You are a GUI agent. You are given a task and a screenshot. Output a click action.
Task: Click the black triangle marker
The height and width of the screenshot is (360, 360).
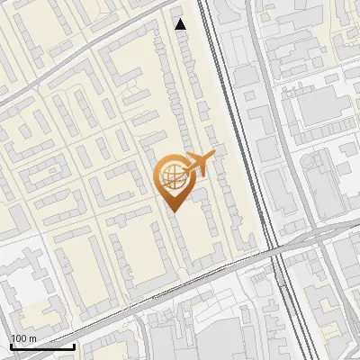[181, 24]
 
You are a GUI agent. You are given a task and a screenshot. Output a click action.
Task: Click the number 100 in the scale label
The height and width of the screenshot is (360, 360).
[19, 338]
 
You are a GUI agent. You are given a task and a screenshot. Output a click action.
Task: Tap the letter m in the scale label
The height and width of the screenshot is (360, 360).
[32, 338]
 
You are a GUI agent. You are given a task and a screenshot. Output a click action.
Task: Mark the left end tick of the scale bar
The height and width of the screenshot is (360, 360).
[11, 346]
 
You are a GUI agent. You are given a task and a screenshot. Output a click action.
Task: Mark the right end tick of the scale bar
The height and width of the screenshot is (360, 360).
[74, 346]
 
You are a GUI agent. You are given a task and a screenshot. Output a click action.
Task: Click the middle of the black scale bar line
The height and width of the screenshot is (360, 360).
[42, 347]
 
